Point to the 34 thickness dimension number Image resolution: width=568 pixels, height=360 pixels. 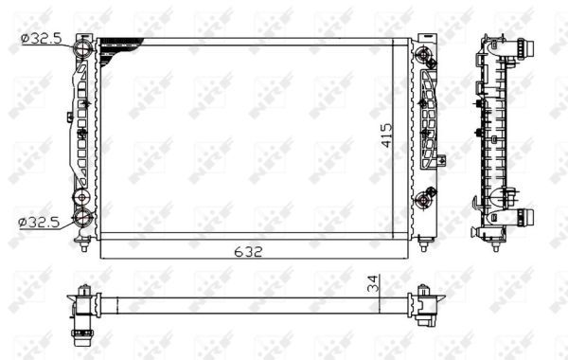[x=374, y=282]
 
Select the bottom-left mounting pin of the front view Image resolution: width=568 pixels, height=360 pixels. [x=85, y=247]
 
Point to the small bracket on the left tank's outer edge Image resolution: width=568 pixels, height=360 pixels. [x=70, y=118]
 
